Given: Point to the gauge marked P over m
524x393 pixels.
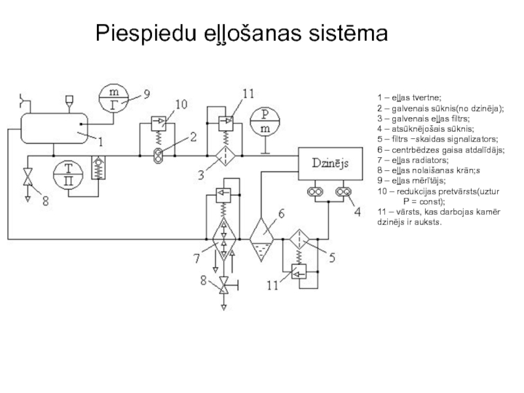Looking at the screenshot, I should pos(265,121).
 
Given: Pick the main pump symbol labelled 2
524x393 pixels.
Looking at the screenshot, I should pos(159,154).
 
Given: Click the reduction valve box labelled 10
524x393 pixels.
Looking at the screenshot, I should pos(159,121).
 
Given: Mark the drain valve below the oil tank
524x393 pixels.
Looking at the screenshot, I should pos(28,177).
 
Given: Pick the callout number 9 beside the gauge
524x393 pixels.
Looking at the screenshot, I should pos(147,94).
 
